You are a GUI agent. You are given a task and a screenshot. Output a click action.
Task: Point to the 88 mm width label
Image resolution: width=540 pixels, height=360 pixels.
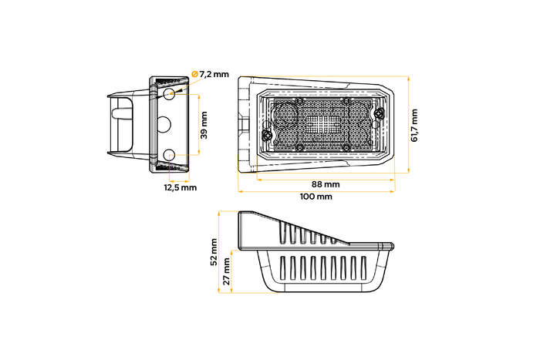[x=326, y=184]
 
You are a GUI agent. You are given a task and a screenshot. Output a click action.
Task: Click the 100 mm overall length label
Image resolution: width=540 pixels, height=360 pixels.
[x=316, y=197]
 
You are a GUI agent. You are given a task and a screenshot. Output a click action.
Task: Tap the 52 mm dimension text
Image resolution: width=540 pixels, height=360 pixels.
[x=215, y=251]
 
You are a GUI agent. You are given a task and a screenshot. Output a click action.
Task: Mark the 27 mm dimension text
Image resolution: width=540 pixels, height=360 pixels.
[x=226, y=271]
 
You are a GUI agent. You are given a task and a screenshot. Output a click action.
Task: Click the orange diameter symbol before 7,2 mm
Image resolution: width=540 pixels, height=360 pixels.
[x=194, y=75]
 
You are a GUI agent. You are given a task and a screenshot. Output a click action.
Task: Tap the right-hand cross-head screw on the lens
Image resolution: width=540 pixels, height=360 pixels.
[x=378, y=114]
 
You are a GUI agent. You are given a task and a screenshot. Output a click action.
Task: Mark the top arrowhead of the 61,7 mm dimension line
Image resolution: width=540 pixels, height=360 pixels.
[x=407, y=78]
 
